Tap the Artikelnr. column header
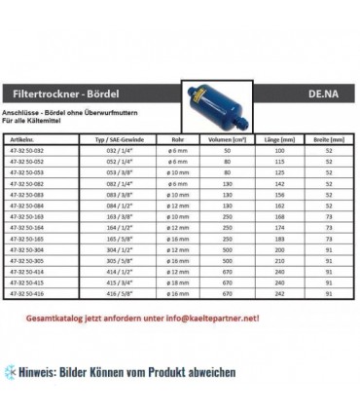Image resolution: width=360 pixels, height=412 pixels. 45,139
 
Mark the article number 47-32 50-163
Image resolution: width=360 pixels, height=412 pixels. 49,216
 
